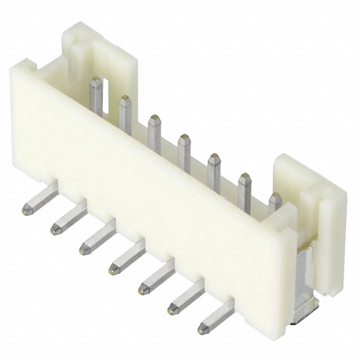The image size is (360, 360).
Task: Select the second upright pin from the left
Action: (x=125, y=115)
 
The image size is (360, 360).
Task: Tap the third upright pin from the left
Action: (x=154, y=134)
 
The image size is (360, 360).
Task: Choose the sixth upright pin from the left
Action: (x=244, y=191)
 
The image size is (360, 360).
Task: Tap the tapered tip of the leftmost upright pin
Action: (x=96, y=82)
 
